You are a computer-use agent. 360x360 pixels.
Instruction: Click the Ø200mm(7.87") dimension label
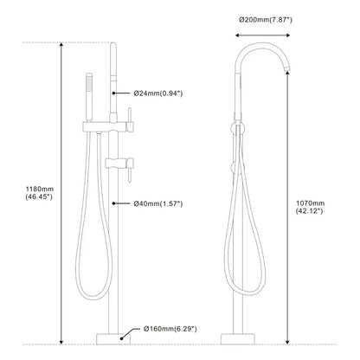pos(266,20)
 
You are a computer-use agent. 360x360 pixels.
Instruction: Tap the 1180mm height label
pos(40,190)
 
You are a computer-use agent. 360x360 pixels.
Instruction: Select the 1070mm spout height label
pos(310,203)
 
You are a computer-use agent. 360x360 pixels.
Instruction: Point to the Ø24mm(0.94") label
pos(158,93)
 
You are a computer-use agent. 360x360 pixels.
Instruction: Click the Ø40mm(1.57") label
pos(158,203)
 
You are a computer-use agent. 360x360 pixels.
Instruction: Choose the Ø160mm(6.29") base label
pos(170,329)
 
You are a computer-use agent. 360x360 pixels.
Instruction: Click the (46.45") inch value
pos(39,197)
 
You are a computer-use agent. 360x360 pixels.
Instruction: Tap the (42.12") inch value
pos(309,211)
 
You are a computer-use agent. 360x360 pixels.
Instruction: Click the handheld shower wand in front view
pos(89,97)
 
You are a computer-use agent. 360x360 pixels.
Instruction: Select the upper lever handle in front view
pos(130,119)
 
